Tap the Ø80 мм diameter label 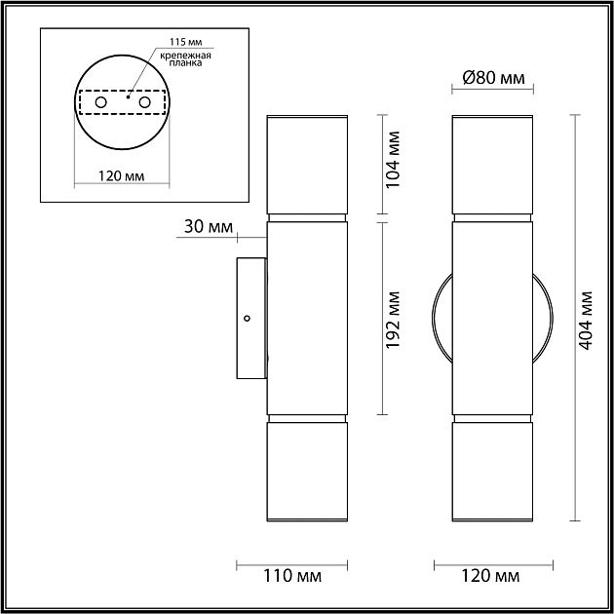click(x=492, y=79)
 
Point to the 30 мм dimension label click(x=208, y=227)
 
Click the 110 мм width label click(x=293, y=576)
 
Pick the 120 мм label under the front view click(x=491, y=576)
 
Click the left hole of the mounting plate click(x=100, y=102)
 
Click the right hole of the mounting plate click(x=145, y=102)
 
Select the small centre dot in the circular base click(x=129, y=96)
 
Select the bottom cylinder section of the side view click(x=307, y=473)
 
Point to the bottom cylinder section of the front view click(x=492, y=473)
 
